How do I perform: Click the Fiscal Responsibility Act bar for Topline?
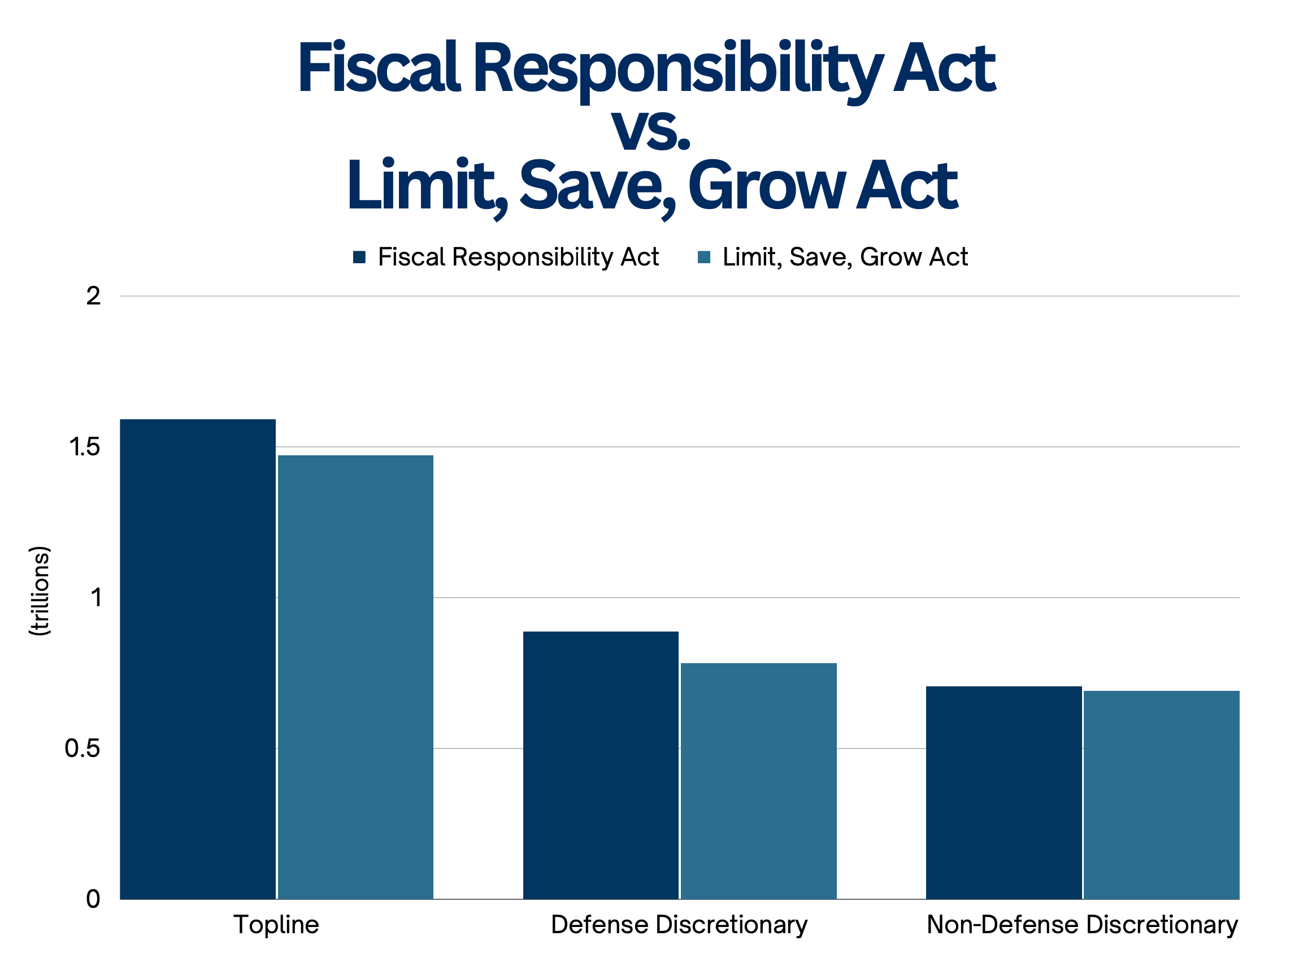click(x=198, y=659)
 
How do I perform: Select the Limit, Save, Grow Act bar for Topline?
click(x=356, y=677)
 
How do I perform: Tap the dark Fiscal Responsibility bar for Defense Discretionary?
click(x=601, y=765)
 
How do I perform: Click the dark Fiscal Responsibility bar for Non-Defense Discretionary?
click(x=1004, y=793)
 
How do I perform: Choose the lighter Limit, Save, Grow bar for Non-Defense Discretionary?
click(x=1162, y=795)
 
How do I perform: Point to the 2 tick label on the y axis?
click(x=93, y=296)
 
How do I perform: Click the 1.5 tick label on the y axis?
click(x=85, y=447)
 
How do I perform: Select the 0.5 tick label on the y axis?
click(x=82, y=748)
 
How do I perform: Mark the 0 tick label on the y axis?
click(x=93, y=899)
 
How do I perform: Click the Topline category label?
click(x=276, y=925)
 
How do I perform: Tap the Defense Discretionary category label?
click(x=679, y=925)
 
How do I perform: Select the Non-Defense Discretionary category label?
click(x=1082, y=925)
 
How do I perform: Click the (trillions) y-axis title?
click(x=40, y=591)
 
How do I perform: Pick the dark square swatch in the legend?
click(x=359, y=257)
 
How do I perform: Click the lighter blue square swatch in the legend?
click(x=704, y=257)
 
